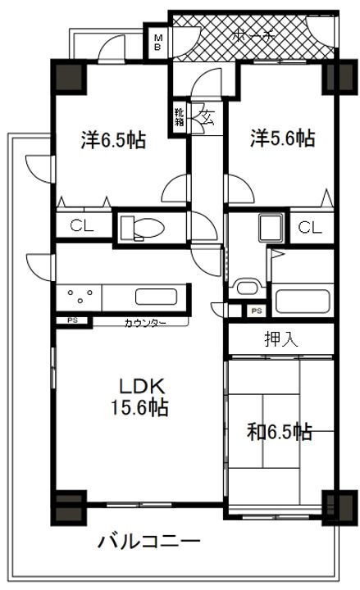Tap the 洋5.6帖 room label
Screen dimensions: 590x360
click(x=282, y=139)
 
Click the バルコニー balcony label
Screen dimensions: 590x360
click(x=148, y=542)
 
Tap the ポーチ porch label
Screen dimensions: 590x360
click(x=253, y=35)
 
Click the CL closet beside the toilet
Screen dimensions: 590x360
click(x=80, y=227)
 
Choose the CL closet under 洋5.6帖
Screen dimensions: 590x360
click(x=309, y=228)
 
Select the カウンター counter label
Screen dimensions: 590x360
click(x=145, y=323)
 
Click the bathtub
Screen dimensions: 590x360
click(x=303, y=298)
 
